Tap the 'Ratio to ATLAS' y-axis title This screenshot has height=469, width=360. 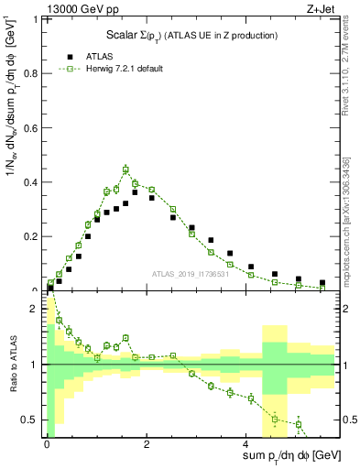[12, 365]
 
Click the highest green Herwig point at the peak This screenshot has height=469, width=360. [125, 169]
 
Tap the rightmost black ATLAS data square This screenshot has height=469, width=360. [322, 283]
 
